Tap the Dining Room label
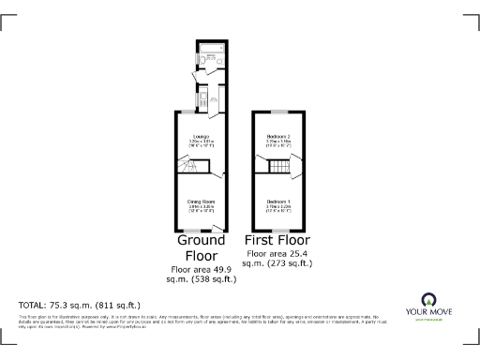coord(197,204)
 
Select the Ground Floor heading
coord(200,247)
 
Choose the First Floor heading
coord(278,240)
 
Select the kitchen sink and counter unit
coord(212,99)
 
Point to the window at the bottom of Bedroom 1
coord(278,232)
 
